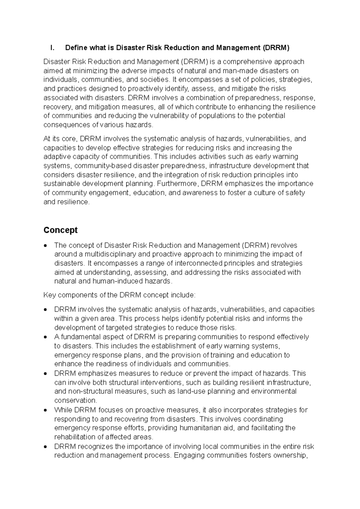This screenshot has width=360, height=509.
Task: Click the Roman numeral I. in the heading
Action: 52,48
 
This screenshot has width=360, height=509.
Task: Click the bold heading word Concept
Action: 60,230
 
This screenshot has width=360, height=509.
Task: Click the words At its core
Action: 60,139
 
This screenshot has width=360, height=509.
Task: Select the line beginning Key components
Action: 119,295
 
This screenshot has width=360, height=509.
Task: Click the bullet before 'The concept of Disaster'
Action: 45,246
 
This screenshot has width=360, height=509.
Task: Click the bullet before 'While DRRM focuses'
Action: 45,410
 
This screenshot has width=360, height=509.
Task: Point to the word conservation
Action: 75,401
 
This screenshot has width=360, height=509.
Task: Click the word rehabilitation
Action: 73,437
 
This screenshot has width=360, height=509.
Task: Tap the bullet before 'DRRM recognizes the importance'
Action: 45,447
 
